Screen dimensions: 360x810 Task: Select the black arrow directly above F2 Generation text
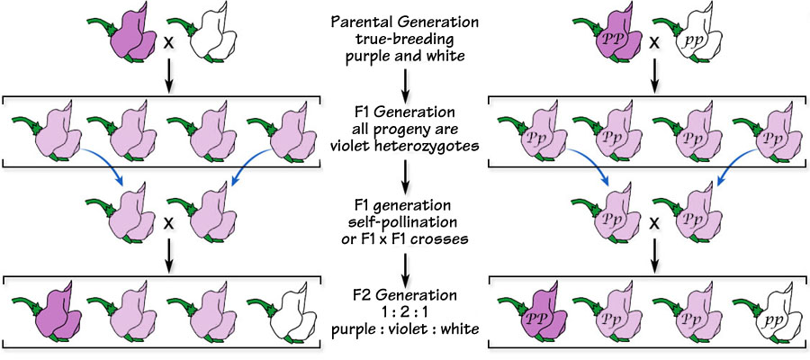point(404,265)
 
